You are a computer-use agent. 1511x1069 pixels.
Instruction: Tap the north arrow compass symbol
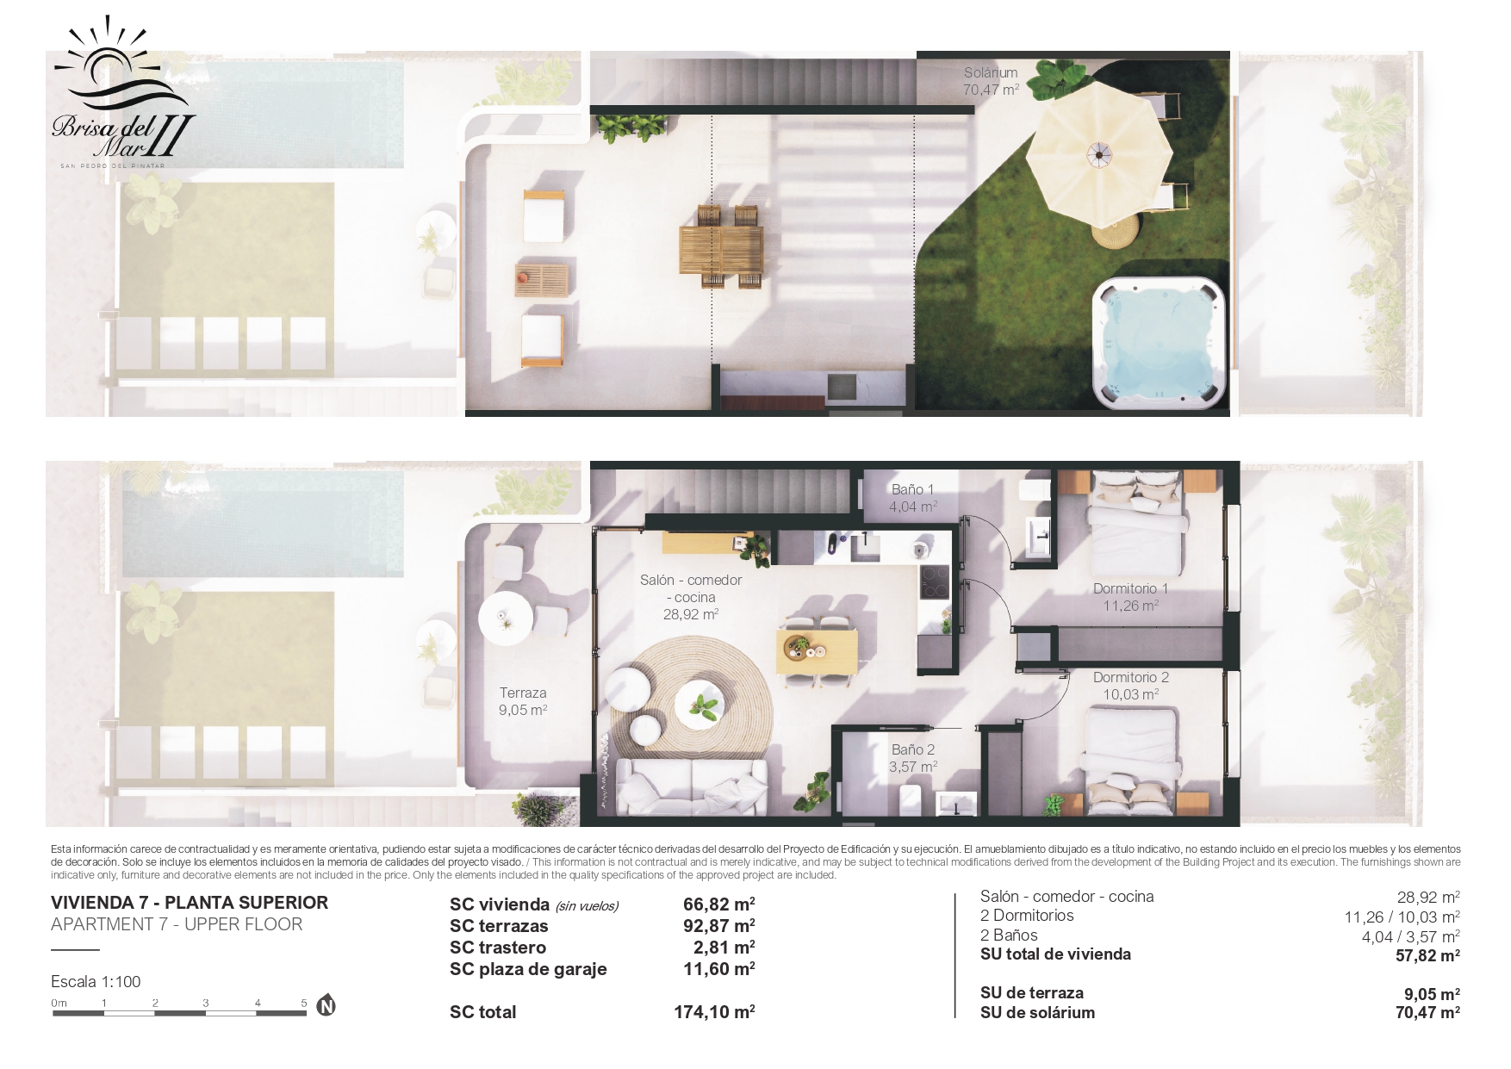pos(326,1004)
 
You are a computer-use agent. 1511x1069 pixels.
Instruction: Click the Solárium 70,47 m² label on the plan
pos(991,81)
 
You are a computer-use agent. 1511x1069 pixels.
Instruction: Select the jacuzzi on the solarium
pos(1160,343)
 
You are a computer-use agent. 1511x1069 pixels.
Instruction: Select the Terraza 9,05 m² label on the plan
pos(523,701)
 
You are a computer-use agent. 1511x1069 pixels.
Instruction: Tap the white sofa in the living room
pos(692,786)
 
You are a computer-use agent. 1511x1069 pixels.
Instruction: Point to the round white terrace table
pos(506,618)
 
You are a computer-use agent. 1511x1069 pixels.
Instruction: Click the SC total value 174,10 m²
pos(714,1012)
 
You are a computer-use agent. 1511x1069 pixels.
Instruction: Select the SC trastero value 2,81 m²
pos(724,948)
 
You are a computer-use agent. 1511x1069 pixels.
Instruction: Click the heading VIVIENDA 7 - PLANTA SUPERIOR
pos(190,903)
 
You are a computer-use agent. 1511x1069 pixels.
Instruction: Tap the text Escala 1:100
pos(96,981)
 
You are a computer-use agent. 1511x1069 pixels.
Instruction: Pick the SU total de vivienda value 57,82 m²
pos(1427,955)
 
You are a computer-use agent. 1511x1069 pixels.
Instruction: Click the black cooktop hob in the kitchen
pos(935,581)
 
